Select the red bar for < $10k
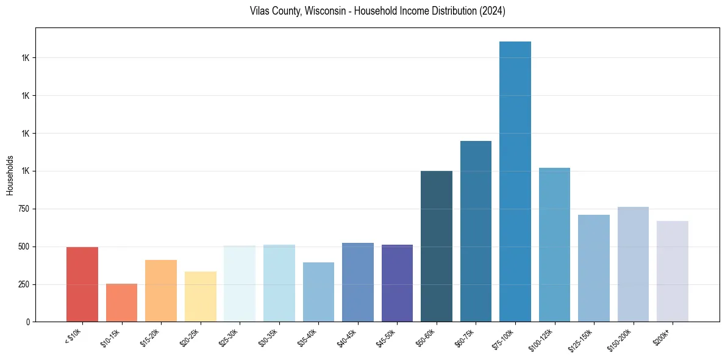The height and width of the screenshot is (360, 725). (x=82, y=284)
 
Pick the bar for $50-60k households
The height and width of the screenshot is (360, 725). (x=437, y=247)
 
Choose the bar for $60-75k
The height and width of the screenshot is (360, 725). (x=476, y=231)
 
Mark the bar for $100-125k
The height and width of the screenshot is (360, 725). (x=554, y=245)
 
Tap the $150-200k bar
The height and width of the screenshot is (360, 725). (x=633, y=264)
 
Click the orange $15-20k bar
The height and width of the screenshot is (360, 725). (x=161, y=291)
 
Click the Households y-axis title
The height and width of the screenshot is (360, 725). (x=10, y=175)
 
